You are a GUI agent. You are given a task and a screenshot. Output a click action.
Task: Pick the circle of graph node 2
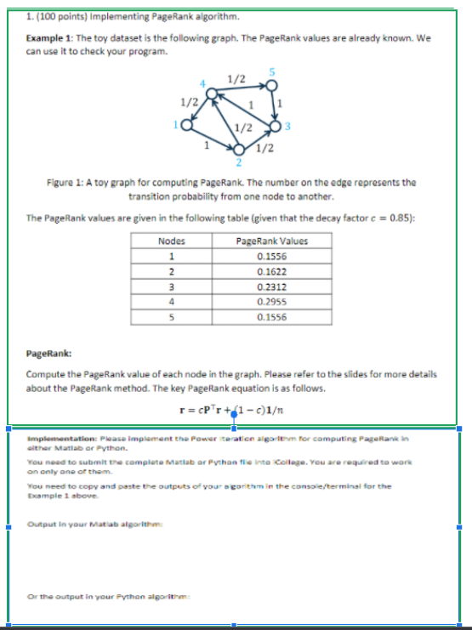[239, 150]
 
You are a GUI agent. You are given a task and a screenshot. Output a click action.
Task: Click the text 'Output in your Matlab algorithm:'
[76, 524]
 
